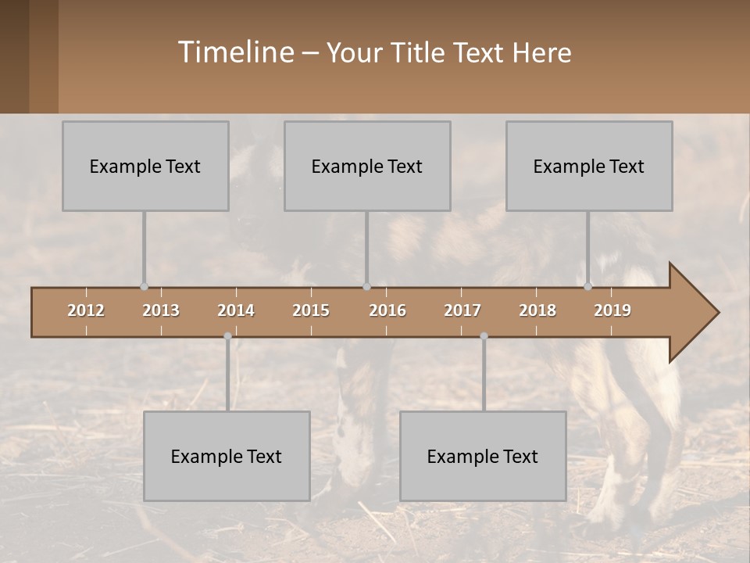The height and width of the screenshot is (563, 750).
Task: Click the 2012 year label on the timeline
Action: (86, 310)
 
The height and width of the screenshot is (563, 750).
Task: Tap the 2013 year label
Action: (161, 310)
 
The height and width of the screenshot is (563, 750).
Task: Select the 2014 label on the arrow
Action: (236, 310)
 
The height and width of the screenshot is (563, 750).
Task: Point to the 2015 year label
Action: (311, 310)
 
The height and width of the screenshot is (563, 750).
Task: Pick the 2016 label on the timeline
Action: (387, 310)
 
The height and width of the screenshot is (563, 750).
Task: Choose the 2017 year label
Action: (462, 310)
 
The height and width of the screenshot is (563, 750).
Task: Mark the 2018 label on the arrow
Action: (537, 310)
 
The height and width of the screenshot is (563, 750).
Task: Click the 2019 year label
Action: (612, 310)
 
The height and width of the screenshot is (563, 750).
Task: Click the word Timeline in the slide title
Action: (235, 52)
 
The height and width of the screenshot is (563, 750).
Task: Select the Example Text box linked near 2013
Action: (145, 166)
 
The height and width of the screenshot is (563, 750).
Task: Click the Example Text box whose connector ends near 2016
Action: (367, 166)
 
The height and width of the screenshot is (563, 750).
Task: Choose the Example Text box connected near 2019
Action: (589, 166)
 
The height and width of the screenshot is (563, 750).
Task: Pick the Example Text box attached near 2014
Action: (227, 456)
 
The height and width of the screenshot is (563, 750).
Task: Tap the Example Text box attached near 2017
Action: (483, 456)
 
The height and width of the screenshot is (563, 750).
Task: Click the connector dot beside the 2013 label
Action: (144, 286)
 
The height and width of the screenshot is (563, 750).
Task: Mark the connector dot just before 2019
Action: (588, 286)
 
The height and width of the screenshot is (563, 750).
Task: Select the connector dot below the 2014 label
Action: (227, 336)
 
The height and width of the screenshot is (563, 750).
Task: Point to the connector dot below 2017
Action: (484, 336)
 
